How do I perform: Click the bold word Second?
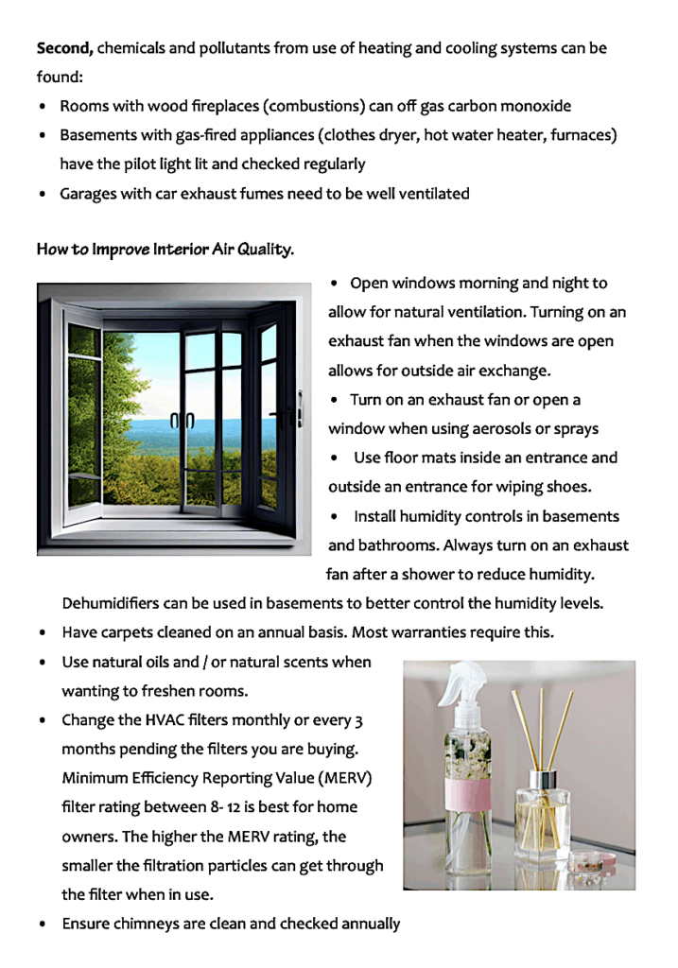[x=64, y=47]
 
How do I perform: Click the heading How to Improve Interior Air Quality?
[x=165, y=251]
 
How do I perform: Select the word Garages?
[x=92, y=194]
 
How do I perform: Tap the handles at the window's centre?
[x=181, y=422]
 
